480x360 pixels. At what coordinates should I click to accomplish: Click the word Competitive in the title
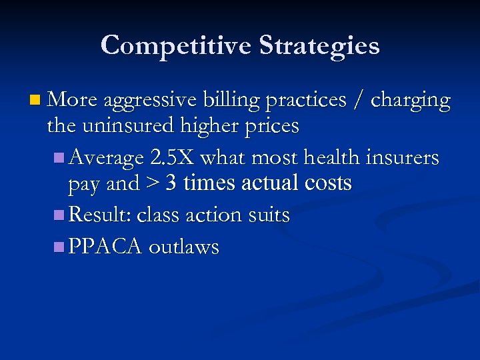176,46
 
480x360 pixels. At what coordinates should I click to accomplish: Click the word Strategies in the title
319,46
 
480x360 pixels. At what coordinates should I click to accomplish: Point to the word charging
410,101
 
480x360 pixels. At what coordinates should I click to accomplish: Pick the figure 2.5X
173,158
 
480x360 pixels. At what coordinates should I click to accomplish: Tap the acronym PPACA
105,247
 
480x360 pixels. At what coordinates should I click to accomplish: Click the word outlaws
184,247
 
